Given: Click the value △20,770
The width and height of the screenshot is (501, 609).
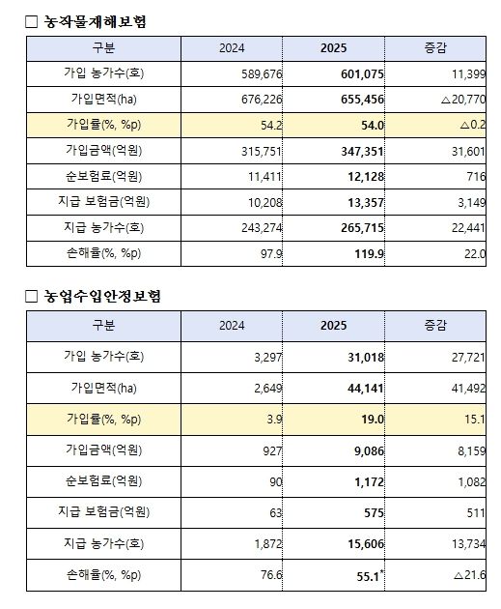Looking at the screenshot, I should pyautogui.click(x=456, y=100).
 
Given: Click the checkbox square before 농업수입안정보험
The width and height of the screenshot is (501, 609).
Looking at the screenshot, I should pyautogui.click(x=31, y=296).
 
